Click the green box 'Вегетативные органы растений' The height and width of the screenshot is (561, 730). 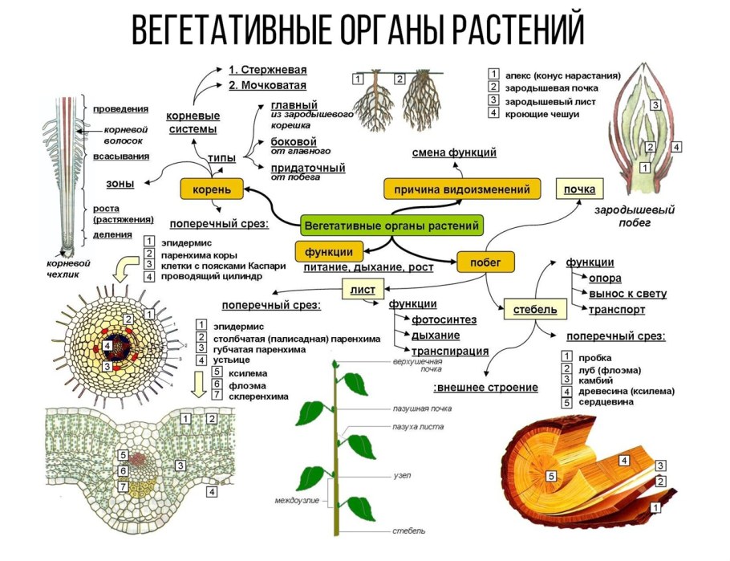(x=392, y=226)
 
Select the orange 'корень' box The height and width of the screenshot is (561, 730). (x=212, y=189)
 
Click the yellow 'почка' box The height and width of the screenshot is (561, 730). (x=580, y=190)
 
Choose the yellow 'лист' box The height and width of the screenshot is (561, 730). (x=358, y=288)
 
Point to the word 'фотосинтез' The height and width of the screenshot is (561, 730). (x=444, y=319)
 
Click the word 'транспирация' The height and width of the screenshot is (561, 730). (x=450, y=351)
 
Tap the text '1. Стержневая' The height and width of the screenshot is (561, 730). (x=267, y=70)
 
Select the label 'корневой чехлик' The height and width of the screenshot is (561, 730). (x=68, y=268)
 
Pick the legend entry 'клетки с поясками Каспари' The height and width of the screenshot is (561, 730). (x=223, y=265)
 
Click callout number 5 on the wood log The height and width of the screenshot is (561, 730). (x=551, y=476)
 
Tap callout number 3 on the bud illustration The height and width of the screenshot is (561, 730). (x=655, y=104)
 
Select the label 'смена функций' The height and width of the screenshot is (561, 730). (x=454, y=152)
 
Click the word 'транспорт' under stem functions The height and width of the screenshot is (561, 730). (x=617, y=309)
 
